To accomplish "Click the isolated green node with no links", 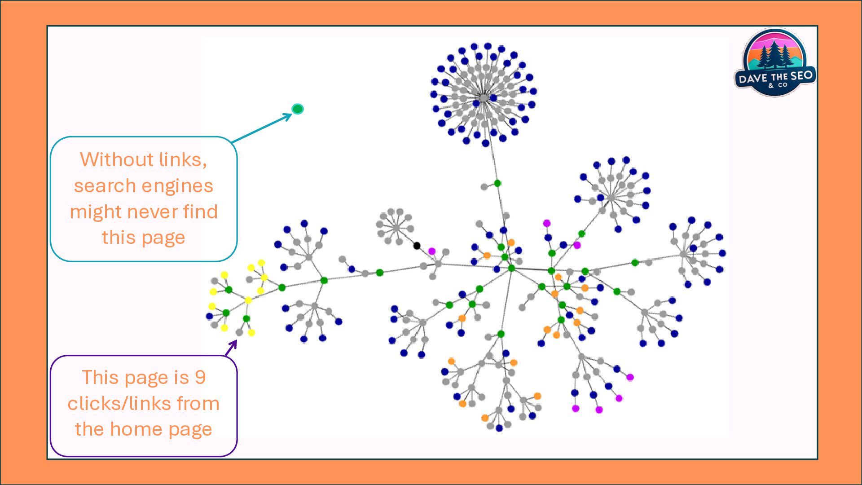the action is tap(298, 109).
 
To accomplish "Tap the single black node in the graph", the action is tap(417, 245).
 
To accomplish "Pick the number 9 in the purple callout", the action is tap(200, 378).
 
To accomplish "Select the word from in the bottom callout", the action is tap(198, 404).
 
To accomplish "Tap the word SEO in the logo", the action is tap(802, 75).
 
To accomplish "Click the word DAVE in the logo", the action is tap(752, 79).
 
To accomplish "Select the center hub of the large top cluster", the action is tap(484, 97).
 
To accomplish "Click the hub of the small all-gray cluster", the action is tap(396, 228).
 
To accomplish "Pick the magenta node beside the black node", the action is tap(432, 251).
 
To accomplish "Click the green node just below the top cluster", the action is tap(497, 183).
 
